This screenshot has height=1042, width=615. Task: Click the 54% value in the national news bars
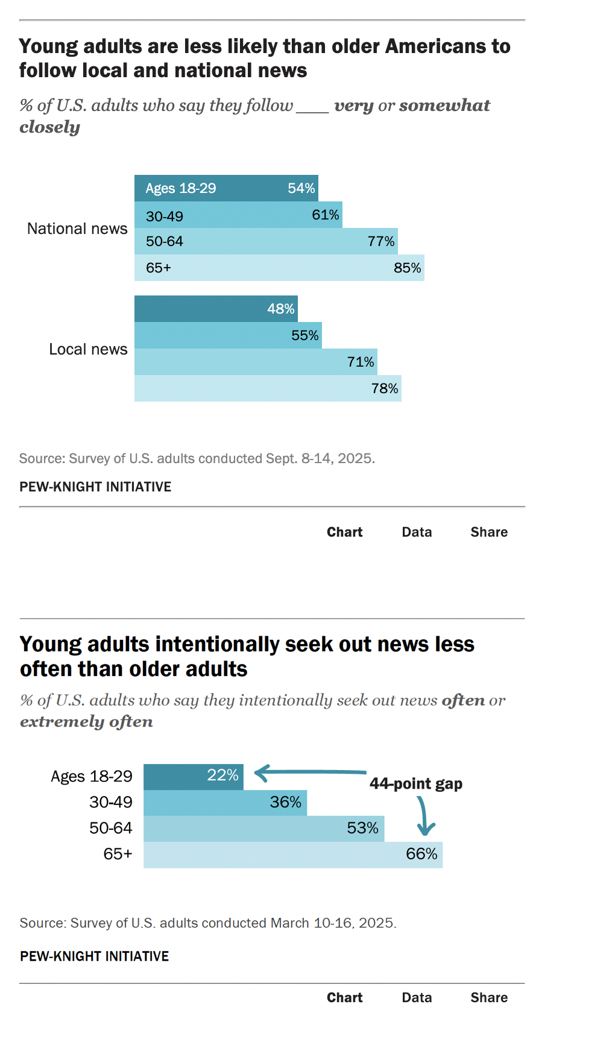301,188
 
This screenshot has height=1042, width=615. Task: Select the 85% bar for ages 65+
279,268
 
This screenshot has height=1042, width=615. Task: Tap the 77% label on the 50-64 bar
381,241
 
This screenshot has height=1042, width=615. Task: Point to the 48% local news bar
216,309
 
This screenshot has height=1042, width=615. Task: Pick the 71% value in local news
361,362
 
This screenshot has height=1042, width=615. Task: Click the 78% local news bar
268,388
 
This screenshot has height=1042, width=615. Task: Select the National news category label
77,229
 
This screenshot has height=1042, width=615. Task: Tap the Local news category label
88,349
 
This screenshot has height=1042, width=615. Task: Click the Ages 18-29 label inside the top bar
181,188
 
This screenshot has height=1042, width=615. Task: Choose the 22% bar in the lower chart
193,776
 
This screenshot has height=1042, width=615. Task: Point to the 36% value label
285,802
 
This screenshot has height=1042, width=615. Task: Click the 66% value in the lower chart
421,854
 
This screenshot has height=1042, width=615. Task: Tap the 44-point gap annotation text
416,783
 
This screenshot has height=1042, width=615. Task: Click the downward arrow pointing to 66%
424,816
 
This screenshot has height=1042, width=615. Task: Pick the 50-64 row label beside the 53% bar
110,828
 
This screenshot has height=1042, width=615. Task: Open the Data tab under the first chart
417,532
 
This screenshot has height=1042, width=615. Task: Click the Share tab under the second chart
489,997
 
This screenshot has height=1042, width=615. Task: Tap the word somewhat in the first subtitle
444,106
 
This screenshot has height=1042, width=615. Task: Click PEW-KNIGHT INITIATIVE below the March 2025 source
94,956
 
